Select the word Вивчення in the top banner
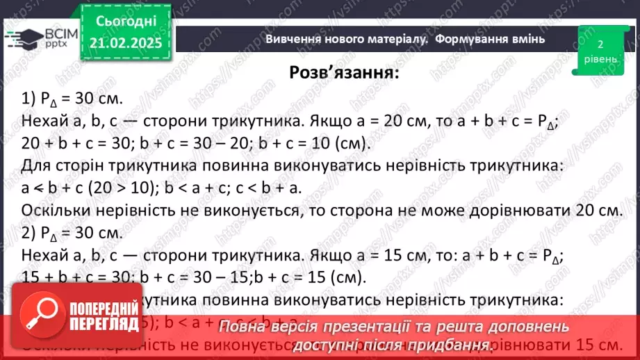pos(292,40)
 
